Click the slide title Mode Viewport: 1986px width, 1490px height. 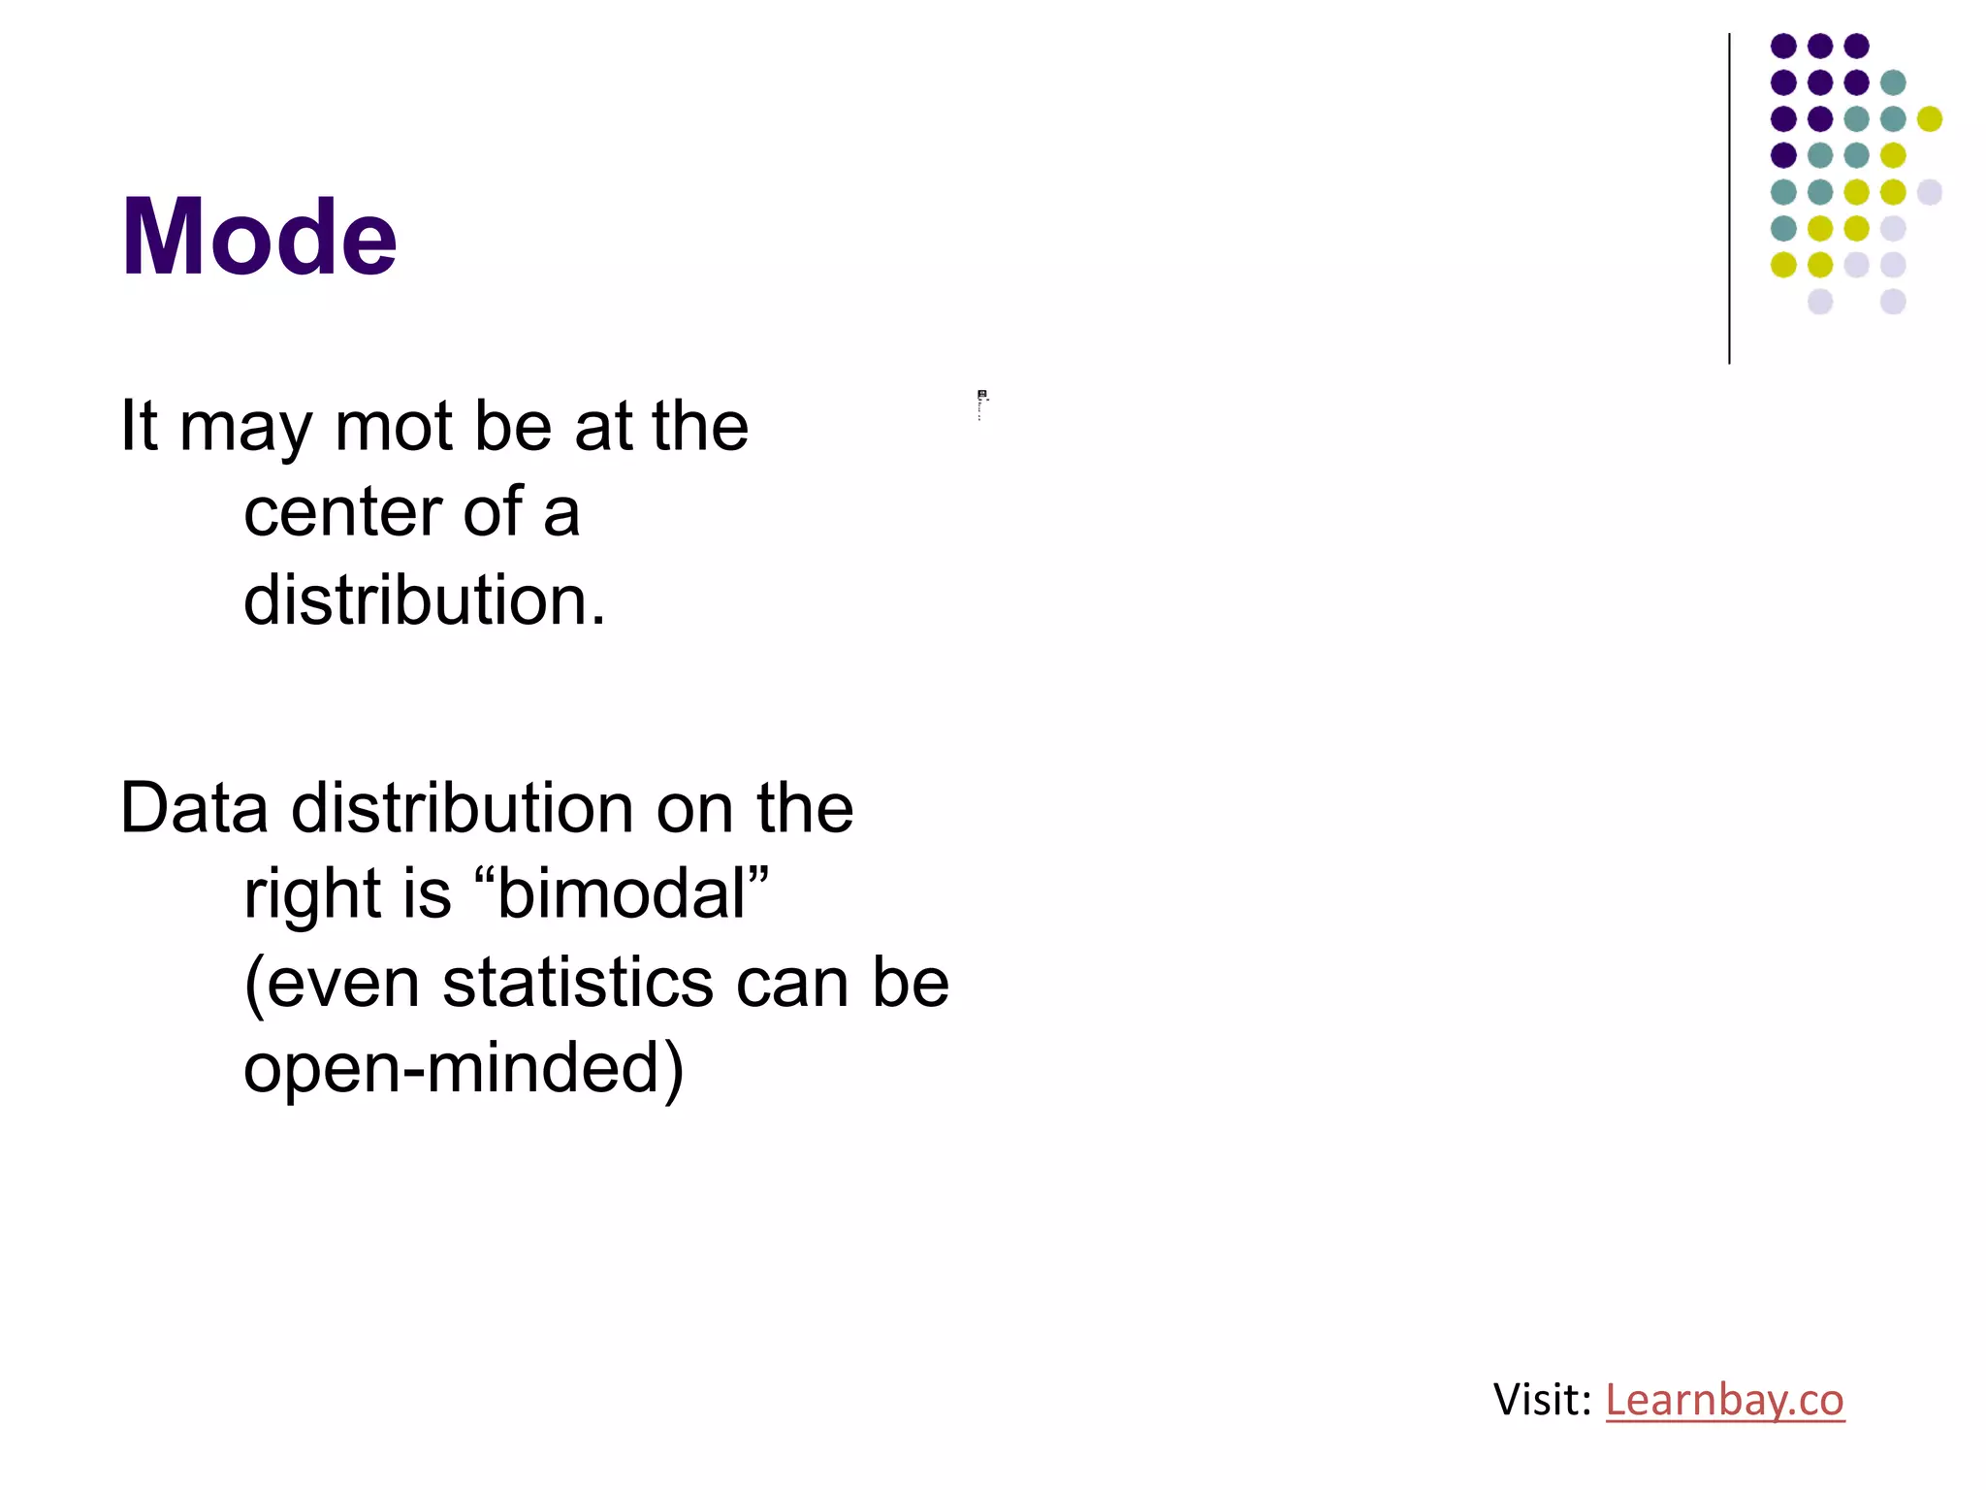(x=259, y=238)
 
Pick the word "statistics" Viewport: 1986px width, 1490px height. (x=578, y=983)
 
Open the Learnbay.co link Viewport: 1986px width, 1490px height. (x=1724, y=1400)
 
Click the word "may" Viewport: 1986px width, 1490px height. (x=246, y=428)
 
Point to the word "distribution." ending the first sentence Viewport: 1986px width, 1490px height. (x=424, y=600)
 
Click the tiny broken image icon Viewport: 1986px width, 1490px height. (x=982, y=396)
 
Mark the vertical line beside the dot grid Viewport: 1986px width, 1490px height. (x=1729, y=199)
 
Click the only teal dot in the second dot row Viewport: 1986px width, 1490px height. (x=1893, y=82)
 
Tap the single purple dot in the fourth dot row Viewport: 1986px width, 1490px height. (x=1783, y=155)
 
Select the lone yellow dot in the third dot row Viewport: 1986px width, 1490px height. (x=1930, y=118)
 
